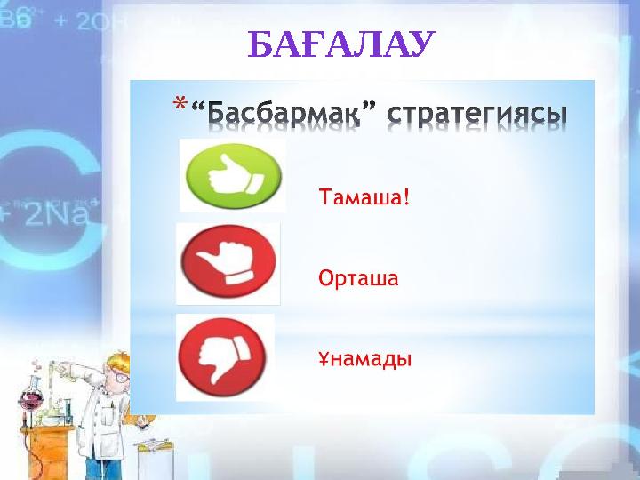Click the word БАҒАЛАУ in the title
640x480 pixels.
click(341, 44)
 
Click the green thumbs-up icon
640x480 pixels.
click(232, 174)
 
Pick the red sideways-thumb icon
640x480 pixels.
click(228, 263)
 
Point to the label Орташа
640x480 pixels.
click(358, 278)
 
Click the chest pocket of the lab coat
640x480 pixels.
click(109, 418)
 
